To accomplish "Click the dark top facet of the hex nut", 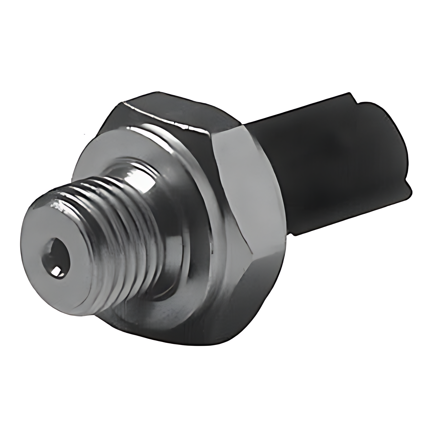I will pos(167,113).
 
